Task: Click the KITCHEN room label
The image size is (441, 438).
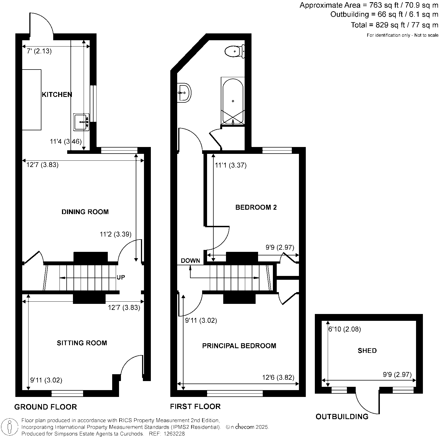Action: (x=57, y=95)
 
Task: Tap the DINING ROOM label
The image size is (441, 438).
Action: (x=85, y=212)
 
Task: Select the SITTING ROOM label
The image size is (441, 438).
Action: (x=82, y=343)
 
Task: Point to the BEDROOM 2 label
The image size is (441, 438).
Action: (x=256, y=207)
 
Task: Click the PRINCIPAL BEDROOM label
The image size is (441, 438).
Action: (x=239, y=346)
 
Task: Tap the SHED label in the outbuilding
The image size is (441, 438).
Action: (x=367, y=351)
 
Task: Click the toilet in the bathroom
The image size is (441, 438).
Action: (x=234, y=51)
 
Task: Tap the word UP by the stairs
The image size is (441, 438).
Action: (x=121, y=277)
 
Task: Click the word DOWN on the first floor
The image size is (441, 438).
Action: (x=190, y=261)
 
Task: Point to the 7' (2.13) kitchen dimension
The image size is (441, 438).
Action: (x=39, y=51)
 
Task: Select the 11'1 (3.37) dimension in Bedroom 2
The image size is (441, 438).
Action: (x=231, y=165)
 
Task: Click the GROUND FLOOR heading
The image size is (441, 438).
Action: (x=46, y=407)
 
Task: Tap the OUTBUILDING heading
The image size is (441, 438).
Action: (x=342, y=417)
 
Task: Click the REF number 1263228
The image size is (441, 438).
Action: (x=174, y=434)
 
